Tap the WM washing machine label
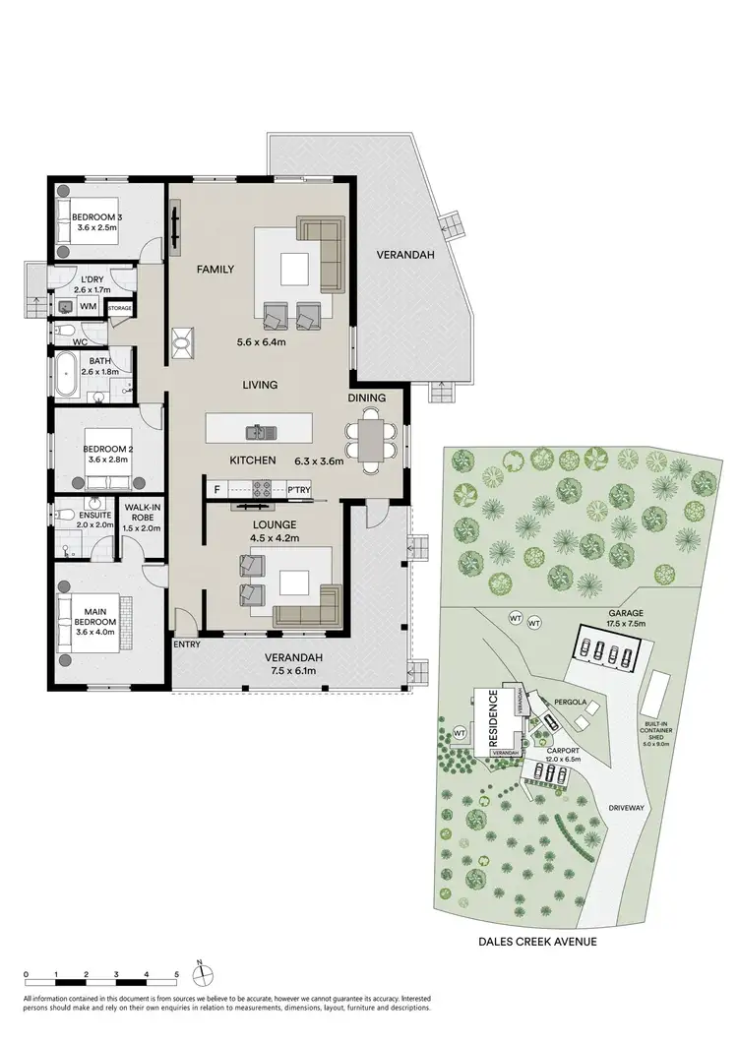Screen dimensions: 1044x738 (x=88, y=307)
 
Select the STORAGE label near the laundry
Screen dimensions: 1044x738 (x=120, y=308)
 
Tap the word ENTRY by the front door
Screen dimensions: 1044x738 (x=187, y=645)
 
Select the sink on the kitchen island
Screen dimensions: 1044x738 (x=259, y=430)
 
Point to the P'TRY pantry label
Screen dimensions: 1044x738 (x=298, y=488)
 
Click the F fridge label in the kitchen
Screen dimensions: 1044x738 (x=215, y=488)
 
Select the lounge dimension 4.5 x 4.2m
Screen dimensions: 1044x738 (x=275, y=537)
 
